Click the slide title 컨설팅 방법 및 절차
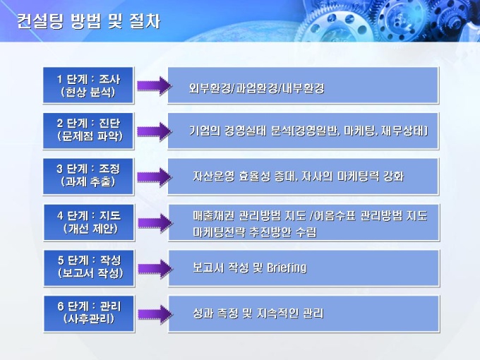(88, 20)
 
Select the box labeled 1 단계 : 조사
(88, 85)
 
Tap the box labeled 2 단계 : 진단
(88, 131)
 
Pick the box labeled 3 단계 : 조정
(88, 176)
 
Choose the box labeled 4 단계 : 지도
(89, 222)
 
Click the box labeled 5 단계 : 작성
(89, 268)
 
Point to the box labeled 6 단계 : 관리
(89, 313)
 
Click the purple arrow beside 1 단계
(155, 85)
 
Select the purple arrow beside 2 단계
(155, 131)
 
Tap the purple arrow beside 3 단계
(155, 177)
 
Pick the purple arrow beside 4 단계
(155, 223)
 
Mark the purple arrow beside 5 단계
(155, 268)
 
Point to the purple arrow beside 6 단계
(155, 314)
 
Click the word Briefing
(287, 268)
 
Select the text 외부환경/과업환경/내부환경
(256, 88)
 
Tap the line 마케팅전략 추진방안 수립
(255, 232)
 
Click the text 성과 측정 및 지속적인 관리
(258, 313)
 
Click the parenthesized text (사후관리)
(89, 319)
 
